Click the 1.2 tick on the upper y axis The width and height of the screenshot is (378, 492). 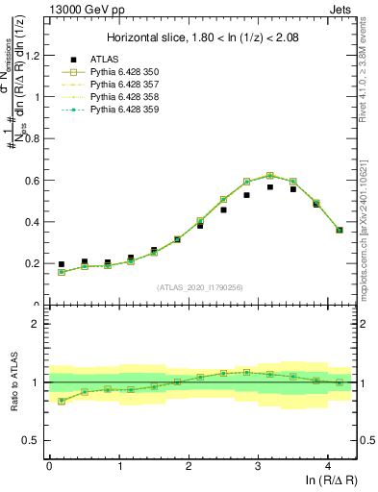33,55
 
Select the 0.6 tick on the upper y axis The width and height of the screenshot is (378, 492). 33,180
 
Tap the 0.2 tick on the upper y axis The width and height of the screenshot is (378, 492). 33,263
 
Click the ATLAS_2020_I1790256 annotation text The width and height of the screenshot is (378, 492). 200,286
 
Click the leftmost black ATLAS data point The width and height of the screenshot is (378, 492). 62,264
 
